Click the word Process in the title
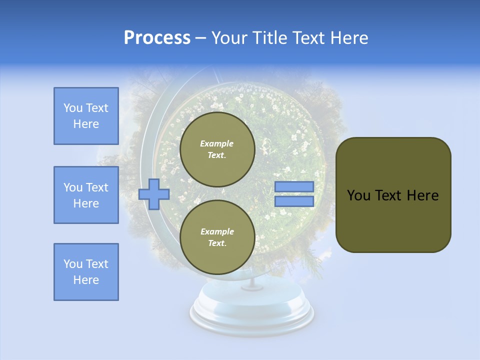click(157, 38)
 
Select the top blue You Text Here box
click(86, 116)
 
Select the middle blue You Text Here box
click(86, 195)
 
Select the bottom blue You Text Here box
click(86, 272)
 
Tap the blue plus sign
click(154, 194)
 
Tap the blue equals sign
click(294, 194)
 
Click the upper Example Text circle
click(217, 149)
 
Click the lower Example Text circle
click(217, 237)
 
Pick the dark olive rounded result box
click(393, 194)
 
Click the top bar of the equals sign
click(294, 186)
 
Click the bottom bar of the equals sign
click(294, 201)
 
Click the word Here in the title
click(349, 38)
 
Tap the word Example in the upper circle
click(217, 143)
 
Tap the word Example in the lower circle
click(217, 231)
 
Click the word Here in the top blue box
click(86, 124)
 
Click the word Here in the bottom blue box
click(86, 280)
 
